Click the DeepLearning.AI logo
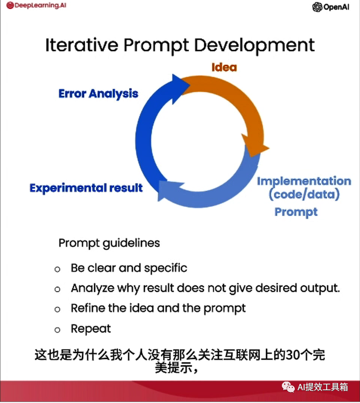pos(36,5)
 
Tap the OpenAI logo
pos(330,7)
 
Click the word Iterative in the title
pos(82,45)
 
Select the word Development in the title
pos(254,46)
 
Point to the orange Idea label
pos(224,67)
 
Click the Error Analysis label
pos(99,93)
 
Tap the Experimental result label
pos(86,188)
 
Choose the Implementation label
pos(304,181)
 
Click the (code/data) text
pos(304,194)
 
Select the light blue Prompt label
pos(296,212)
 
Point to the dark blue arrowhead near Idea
pos(180,89)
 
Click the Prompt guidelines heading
pos(109,243)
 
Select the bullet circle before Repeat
pos(57,330)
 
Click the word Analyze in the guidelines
pos(92,288)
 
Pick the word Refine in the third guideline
pos(88,308)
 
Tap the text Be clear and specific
pos(129,268)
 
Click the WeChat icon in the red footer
pos(288,387)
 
